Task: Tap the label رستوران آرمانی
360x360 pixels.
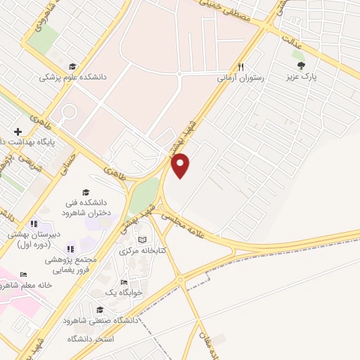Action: pos(242,79)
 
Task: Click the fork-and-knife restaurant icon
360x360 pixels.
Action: pos(240,67)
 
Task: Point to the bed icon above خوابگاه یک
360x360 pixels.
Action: pos(124,281)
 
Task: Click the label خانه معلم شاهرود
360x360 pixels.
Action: pos(25,285)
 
